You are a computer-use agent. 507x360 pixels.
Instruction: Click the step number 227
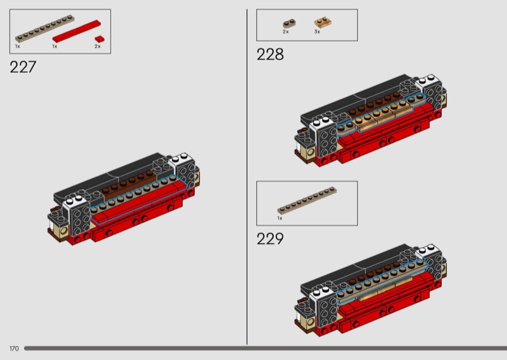(x=23, y=67)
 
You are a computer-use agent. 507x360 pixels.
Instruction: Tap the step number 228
(x=270, y=55)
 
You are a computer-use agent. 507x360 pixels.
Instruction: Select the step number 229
(x=270, y=239)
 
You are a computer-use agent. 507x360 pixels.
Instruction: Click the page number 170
(x=14, y=349)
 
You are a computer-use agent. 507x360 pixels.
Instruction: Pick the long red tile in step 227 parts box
(x=77, y=32)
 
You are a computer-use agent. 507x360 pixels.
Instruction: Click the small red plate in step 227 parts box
(x=99, y=39)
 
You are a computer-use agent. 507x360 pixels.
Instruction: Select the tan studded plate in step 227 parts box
(x=44, y=29)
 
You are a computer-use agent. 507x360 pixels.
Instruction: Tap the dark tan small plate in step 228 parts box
(x=290, y=23)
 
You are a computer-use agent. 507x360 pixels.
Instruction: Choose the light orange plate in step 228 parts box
(x=323, y=23)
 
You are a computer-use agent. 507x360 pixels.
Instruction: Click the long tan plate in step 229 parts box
(x=307, y=200)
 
